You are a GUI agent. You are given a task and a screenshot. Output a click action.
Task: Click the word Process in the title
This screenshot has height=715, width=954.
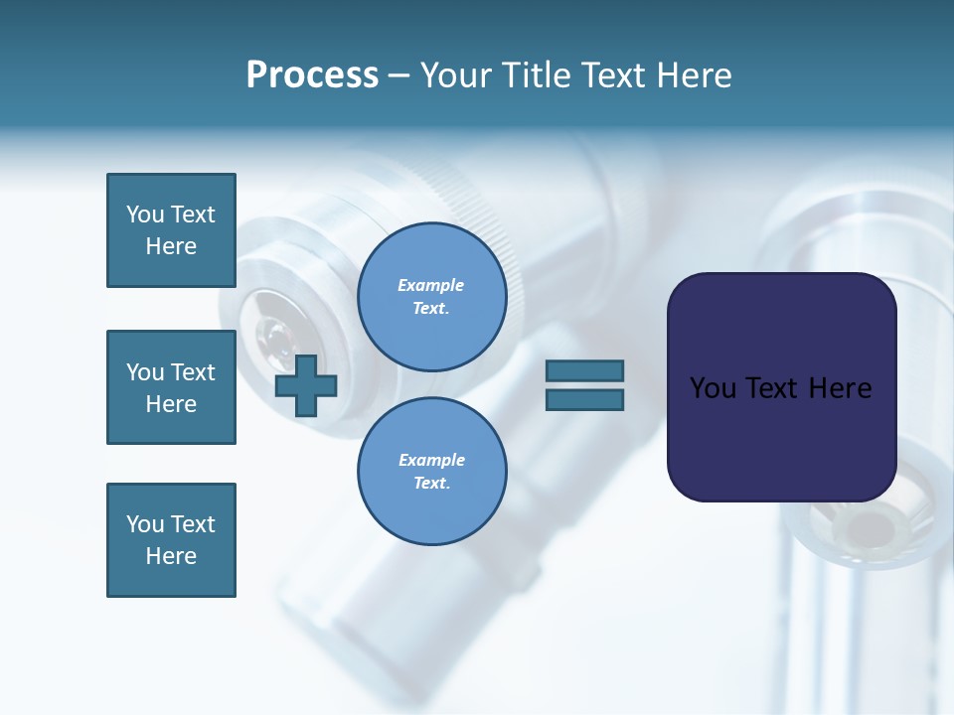(x=312, y=75)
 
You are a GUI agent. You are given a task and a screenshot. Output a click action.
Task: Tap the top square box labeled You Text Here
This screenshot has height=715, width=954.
(x=171, y=230)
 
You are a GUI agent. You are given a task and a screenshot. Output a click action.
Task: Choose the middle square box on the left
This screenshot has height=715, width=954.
(x=171, y=387)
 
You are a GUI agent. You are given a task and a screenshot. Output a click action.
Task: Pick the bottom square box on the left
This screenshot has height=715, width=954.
(x=171, y=540)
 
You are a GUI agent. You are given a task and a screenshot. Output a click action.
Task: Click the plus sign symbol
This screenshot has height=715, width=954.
(x=306, y=385)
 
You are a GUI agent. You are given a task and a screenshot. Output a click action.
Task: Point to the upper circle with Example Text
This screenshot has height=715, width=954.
(x=431, y=297)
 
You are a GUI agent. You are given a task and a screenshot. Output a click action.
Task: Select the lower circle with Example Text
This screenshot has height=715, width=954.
(x=431, y=471)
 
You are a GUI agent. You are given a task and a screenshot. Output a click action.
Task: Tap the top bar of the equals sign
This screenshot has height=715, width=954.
(x=584, y=371)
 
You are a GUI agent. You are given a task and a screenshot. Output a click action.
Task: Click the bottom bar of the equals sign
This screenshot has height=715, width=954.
(x=584, y=399)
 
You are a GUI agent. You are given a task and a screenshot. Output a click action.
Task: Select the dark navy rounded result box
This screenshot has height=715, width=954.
(x=781, y=387)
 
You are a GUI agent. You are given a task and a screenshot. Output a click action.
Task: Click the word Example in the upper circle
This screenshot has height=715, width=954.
(x=431, y=285)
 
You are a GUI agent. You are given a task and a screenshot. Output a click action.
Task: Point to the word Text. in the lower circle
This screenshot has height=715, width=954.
(x=431, y=484)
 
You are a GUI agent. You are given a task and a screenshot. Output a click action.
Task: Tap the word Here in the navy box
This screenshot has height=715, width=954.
(x=840, y=388)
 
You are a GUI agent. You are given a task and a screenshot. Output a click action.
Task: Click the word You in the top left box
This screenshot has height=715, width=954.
(x=145, y=214)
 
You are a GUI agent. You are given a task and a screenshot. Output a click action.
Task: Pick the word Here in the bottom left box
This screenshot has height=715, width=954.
(x=171, y=556)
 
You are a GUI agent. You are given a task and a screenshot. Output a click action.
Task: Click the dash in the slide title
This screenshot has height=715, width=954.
(x=398, y=76)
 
